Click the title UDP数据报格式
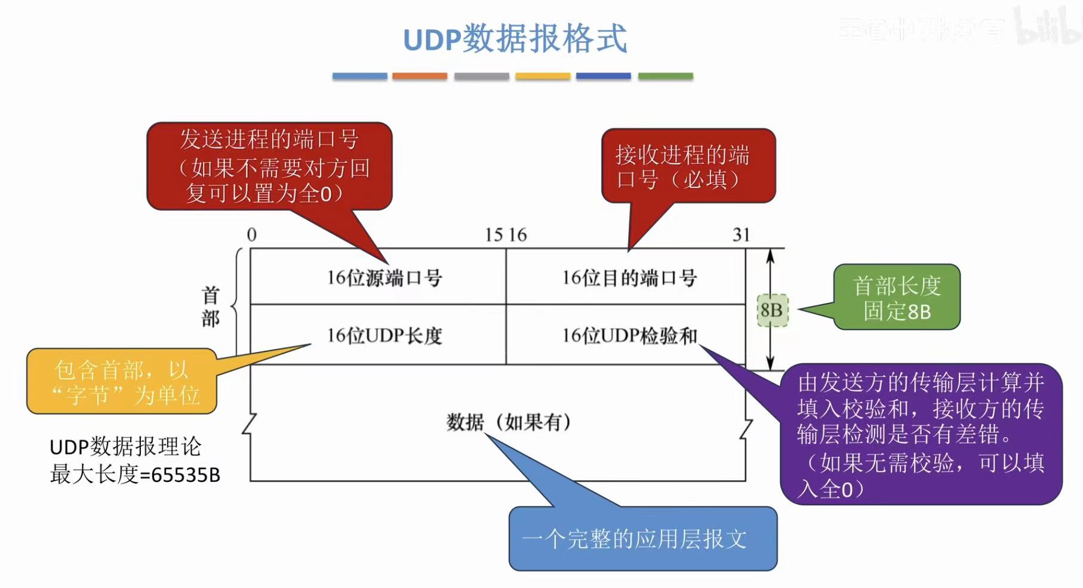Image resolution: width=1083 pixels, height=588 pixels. point(515,39)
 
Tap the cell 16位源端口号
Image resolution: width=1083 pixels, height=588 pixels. point(384,278)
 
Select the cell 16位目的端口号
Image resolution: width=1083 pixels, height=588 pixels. point(629,278)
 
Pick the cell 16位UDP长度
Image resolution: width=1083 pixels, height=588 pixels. point(384,336)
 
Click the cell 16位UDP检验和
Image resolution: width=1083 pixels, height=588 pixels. point(629,336)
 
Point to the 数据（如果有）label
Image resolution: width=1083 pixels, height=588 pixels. point(509,422)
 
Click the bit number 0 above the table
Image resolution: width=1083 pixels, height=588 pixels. point(252,235)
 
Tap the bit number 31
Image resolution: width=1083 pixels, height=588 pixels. point(741,235)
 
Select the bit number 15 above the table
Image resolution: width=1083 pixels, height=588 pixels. point(494,235)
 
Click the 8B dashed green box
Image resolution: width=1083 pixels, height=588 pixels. point(772,310)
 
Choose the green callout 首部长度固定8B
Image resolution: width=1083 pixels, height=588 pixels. point(897,298)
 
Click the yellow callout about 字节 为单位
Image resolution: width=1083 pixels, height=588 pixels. point(122,382)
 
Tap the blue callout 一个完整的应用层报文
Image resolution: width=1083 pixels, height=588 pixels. point(642,539)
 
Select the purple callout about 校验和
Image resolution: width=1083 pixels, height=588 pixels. point(921,434)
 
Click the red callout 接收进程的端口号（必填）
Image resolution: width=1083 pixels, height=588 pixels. point(688,166)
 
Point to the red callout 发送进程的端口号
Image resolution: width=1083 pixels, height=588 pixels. point(269,166)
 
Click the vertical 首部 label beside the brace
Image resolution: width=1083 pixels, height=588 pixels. point(210,307)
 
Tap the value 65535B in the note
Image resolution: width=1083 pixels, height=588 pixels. point(186,475)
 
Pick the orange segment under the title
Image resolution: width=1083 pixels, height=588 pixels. point(419,76)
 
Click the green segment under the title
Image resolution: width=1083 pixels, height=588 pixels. point(665,76)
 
